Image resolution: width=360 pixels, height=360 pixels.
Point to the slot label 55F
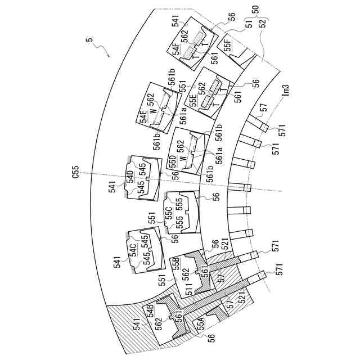[227, 44]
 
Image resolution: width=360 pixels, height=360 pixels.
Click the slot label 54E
[143, 116]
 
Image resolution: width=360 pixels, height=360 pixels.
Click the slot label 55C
[168, 213]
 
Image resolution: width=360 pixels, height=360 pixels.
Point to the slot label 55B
[177, 265]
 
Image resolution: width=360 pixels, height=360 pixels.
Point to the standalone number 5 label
[88, 40]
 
